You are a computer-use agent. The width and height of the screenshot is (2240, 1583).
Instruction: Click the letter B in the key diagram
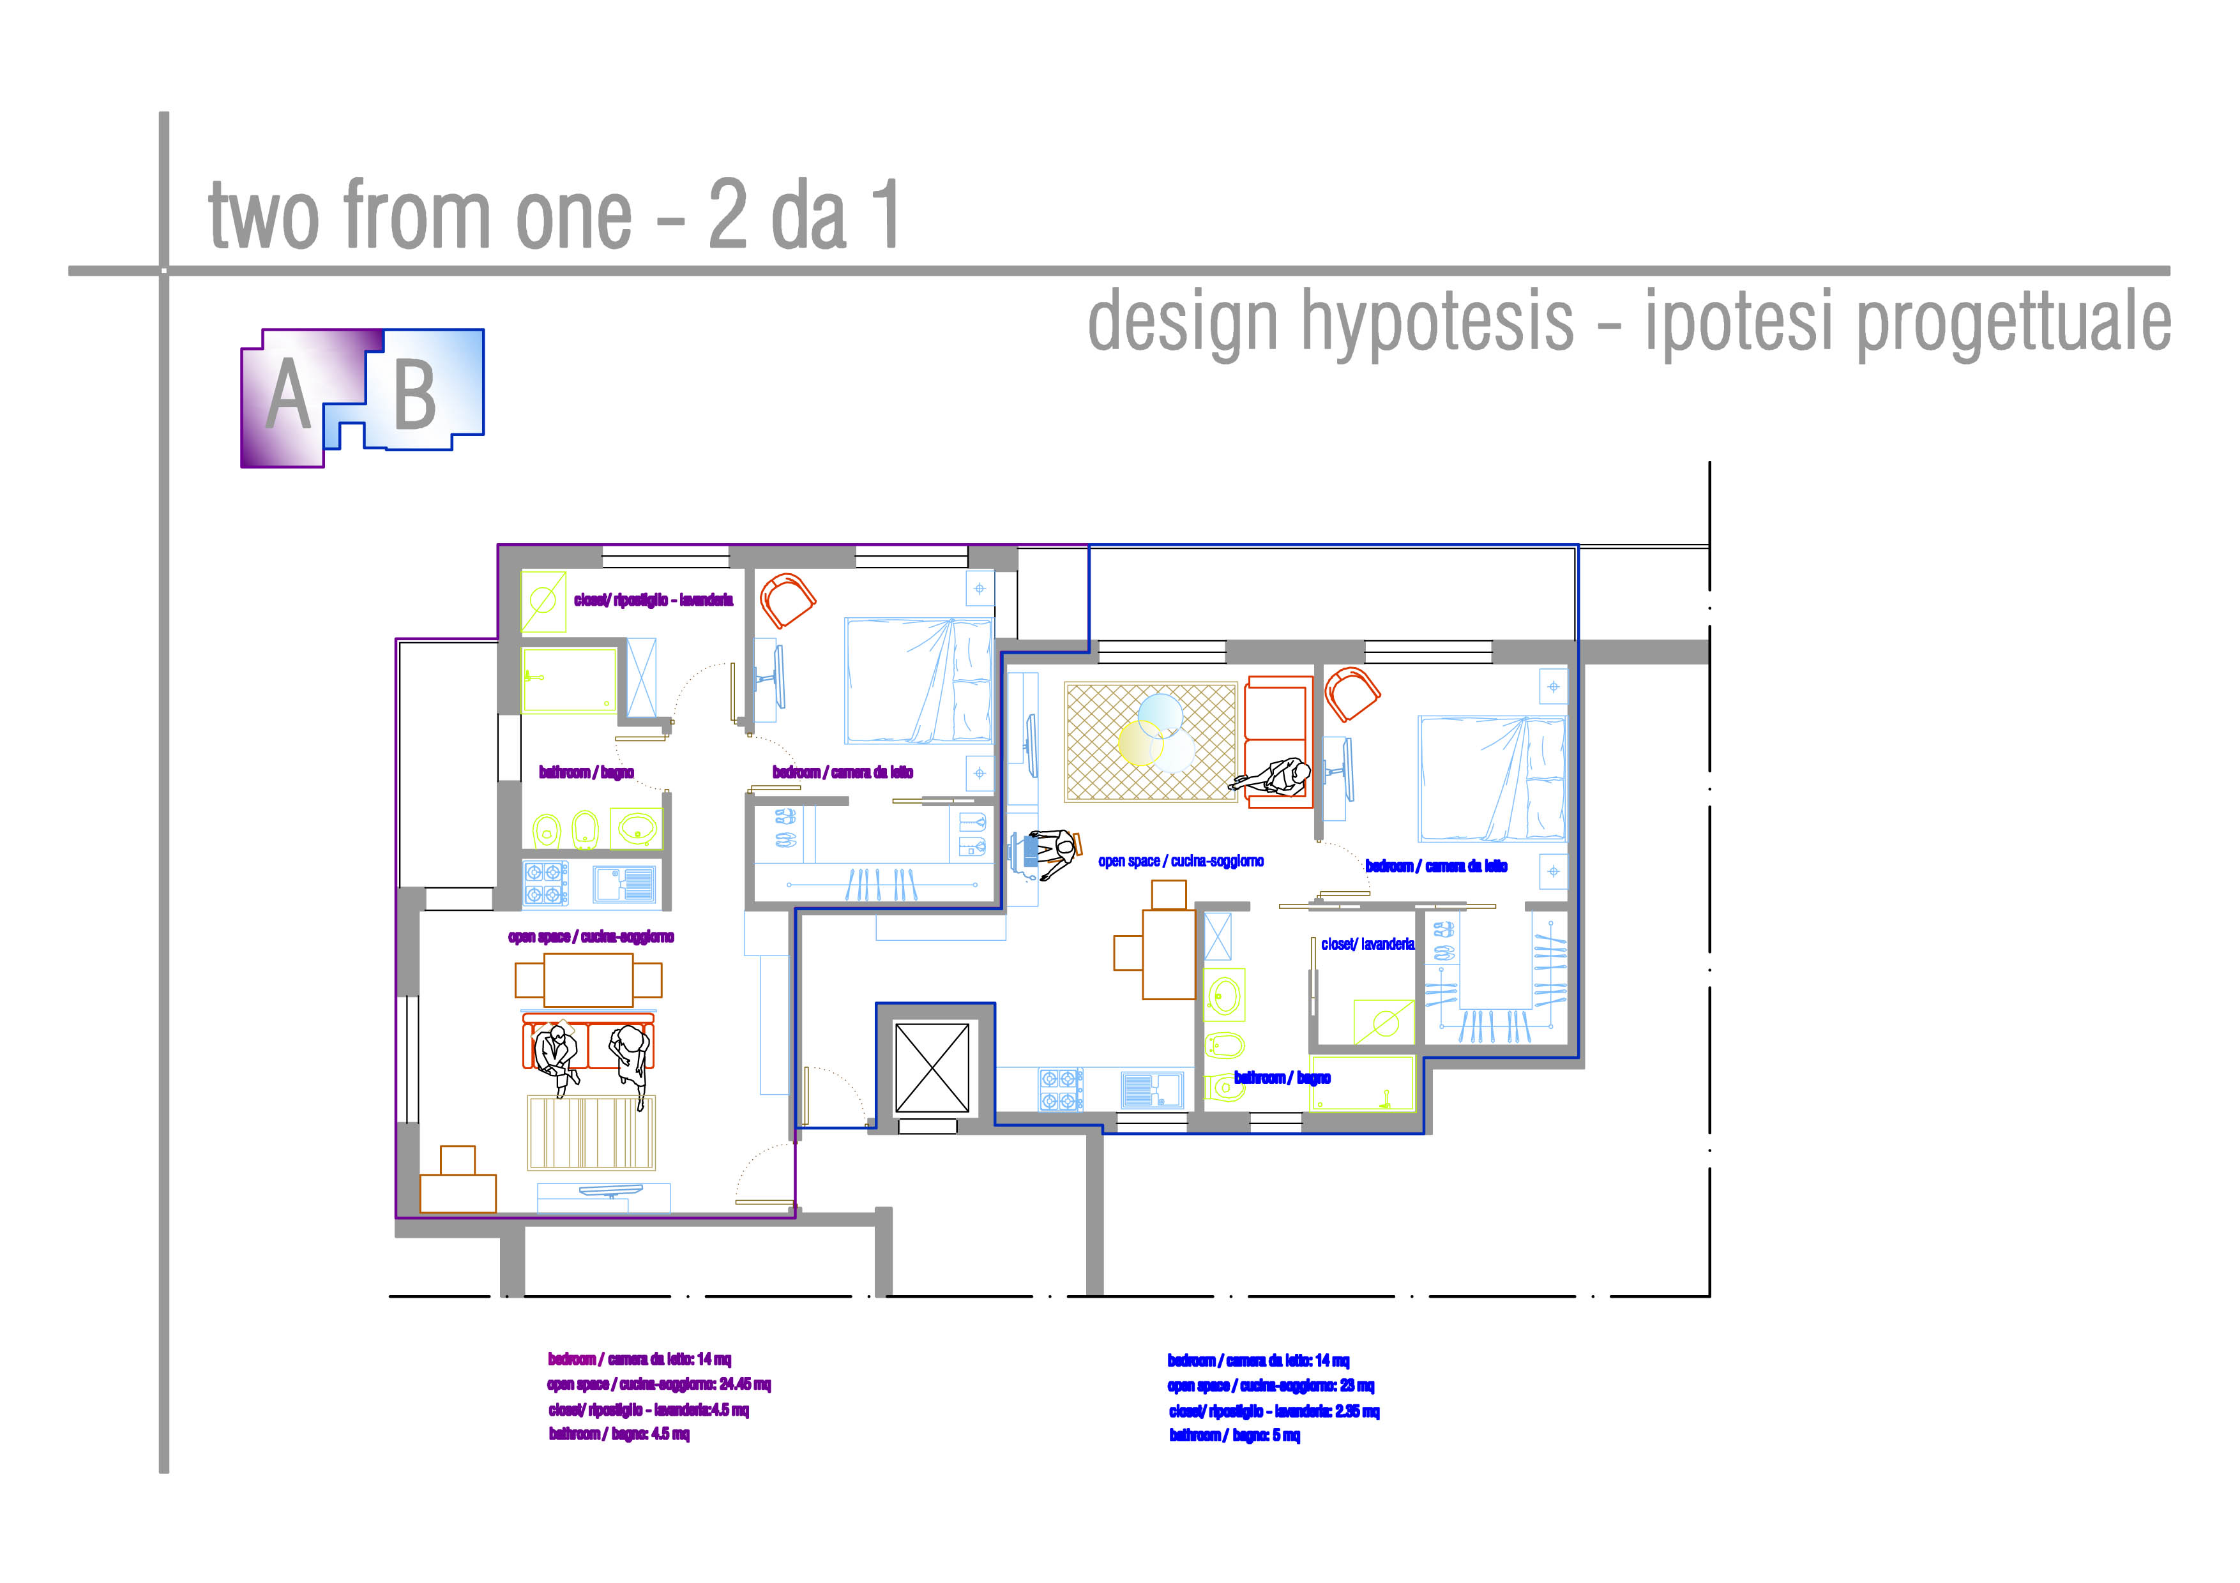(x=414, y=395)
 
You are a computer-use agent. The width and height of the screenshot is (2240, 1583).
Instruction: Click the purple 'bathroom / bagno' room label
(x=586, y=772)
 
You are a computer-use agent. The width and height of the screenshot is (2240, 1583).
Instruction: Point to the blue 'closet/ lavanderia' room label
(x=1368, y=944)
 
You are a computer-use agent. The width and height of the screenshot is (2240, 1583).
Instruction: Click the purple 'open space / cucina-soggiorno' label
(x=591, y=937)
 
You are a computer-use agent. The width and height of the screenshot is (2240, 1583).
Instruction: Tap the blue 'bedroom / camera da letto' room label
(x=1436, y=866)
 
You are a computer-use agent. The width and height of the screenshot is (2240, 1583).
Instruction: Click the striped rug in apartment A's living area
(x=591, y=1132)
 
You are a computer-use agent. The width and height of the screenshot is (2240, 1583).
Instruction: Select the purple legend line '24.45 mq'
(x=658, y=1384)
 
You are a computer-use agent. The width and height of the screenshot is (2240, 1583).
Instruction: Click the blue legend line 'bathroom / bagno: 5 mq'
(x=1234, y=1435)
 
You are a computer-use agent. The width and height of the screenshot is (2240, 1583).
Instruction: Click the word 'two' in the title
(x=264, y=216)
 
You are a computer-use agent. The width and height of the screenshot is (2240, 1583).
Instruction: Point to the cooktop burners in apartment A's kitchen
(x=547, y=883)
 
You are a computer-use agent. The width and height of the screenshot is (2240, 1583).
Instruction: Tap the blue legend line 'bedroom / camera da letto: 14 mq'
(x=1259, y=1361)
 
